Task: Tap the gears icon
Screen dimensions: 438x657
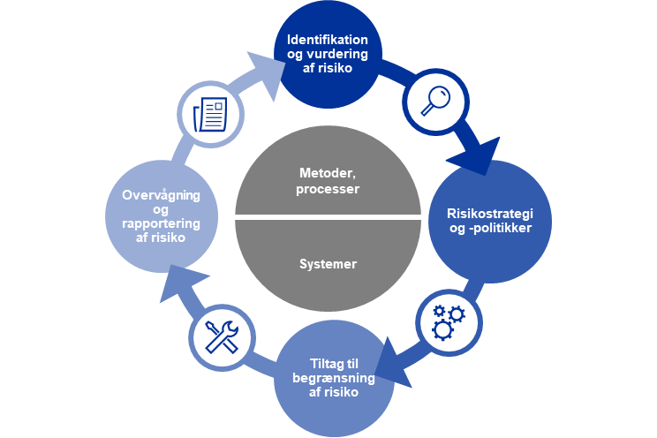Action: [x=448, y=321]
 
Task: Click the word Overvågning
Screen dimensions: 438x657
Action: [x=161, y=196]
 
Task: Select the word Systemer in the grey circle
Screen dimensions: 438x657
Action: [x=328, y=263]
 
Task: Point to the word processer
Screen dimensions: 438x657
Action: [x=328, y=188]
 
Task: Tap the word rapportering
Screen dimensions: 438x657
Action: [x=162, y=223]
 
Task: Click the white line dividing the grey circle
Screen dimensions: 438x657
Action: [x=328, y=217]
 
